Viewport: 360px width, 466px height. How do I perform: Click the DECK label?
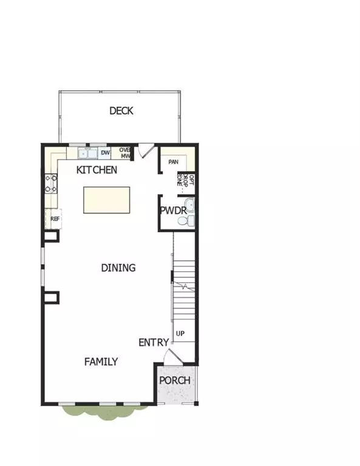pos(121,111)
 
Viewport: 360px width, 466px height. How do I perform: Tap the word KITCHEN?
pos(97,170)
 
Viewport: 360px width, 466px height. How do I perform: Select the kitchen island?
pos(107,200)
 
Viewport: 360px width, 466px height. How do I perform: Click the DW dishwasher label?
pos(105,153)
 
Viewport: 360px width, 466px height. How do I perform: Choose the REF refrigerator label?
pos(55,218)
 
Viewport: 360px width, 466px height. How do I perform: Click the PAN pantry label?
pos(173,162)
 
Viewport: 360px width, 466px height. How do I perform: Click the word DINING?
pos(118,268)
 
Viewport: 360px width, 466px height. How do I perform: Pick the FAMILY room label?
pos(101,362)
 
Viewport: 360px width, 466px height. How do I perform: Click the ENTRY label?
pos(154,342)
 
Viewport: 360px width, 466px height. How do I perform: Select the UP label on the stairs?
pos(180,334)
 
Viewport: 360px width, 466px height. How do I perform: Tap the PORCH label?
pos(175,380)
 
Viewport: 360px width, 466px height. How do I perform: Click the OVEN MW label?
pos(125,153)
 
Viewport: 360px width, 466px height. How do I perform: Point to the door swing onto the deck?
pos(143,152)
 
